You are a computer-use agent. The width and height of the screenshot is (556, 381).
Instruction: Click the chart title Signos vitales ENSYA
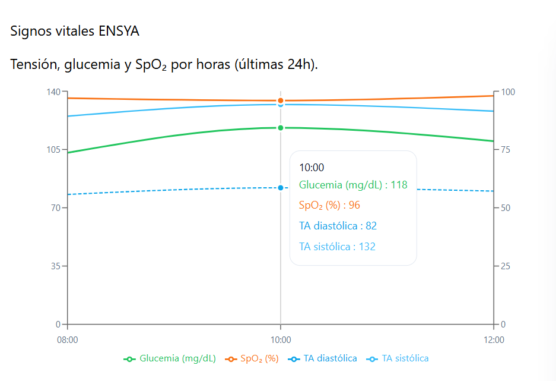point(75,32)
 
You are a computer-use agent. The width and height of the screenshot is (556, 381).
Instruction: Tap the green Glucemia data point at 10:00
point(281,128)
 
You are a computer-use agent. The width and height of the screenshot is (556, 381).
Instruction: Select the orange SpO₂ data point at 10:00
point(281,100)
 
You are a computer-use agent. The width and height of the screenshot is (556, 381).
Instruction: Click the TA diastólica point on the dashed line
point(281,188)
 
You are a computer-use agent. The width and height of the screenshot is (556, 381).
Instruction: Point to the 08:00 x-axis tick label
point(67,340)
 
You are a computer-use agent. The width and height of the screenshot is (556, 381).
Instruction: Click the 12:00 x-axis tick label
point(494,340)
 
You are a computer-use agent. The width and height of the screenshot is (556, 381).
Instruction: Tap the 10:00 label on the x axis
point(281,340)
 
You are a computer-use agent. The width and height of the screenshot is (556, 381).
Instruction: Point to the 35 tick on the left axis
point(55,266)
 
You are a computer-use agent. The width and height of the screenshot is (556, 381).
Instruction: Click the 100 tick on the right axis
point(508,92)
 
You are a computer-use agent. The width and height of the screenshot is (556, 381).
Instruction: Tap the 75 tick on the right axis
point(506,150)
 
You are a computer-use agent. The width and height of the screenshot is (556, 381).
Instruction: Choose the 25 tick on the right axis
point(506,266)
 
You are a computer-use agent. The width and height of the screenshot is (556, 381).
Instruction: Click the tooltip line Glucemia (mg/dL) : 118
point(353,185)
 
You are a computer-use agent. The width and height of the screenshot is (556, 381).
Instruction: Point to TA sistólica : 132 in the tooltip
point(337,247)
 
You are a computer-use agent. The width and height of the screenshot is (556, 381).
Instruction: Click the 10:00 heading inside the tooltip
point(312,168)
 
